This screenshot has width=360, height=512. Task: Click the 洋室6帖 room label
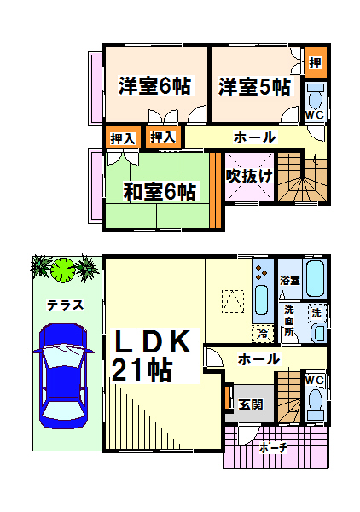coord(154,85)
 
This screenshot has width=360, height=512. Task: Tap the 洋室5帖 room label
coord(254,86)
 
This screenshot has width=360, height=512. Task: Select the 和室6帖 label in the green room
coord(160,191)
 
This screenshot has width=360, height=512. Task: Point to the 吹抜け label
coord(249,177)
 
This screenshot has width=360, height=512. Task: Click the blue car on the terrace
coord(64,375)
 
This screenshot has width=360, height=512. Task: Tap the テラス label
coord(66,305)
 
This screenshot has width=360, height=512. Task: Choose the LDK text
coord(152,341)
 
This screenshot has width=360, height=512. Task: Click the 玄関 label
coord(250,404)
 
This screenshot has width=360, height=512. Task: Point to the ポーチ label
coord(274,448)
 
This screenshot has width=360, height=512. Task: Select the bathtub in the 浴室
coord(315,278)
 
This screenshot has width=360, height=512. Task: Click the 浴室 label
coord(290,281)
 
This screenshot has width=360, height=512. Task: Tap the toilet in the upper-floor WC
coord(316,96)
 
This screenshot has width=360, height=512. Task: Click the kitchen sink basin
coord(262,300)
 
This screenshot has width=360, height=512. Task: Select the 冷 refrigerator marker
coord(263,334)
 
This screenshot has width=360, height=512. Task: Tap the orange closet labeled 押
coord(316,62)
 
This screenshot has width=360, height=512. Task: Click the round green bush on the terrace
coord(63,270)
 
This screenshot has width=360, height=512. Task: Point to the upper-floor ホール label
coord(254,137)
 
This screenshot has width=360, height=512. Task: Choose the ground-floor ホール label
coord(258,359)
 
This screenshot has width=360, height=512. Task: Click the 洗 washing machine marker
coord(316,313)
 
